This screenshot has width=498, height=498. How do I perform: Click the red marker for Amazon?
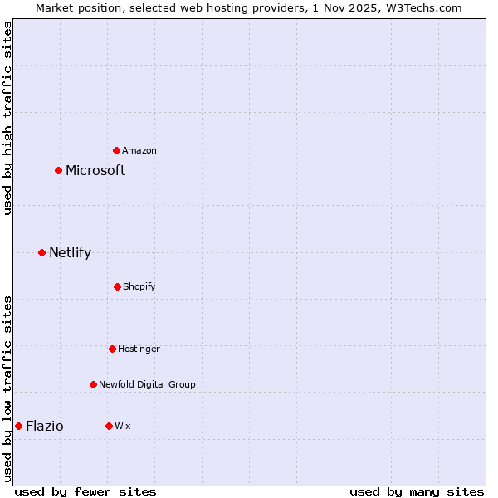coord(117,150)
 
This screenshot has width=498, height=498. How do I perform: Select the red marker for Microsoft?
coord(58,170)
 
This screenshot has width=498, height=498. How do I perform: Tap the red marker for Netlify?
coord(41,252)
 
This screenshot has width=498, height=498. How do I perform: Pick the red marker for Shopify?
coord(117,286)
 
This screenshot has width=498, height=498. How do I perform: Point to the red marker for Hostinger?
coord(112,349)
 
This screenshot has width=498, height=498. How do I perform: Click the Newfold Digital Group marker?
coord(93,384)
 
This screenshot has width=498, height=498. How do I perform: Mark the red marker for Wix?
coord(109,426)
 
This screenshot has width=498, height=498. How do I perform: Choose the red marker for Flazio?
coord(18,426)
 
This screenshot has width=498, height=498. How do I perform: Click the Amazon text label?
coord(139,150)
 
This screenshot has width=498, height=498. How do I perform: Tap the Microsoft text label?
coord(95,170)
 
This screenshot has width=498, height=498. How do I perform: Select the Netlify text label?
coord(70,252)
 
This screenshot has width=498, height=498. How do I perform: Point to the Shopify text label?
coord(139,286)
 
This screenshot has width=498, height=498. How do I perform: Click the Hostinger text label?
coord(139,349)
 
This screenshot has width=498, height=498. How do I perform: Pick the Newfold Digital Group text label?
coord(147,384)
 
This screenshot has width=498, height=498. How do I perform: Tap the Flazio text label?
coord(45,426)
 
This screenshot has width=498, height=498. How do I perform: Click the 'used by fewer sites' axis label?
coord(85,491)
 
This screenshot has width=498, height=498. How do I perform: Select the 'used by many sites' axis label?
coord(417,491)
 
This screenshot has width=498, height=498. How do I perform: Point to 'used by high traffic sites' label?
coord(7,118)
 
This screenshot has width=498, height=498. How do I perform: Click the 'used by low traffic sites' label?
coord(7,388)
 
